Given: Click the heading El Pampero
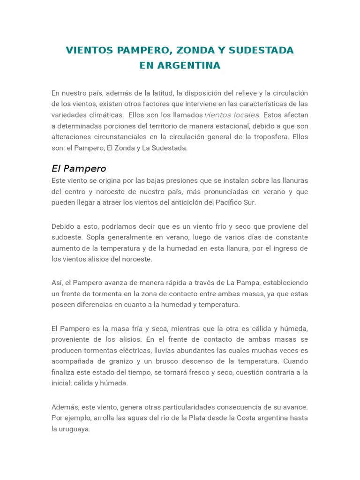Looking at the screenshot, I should (79, 168).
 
